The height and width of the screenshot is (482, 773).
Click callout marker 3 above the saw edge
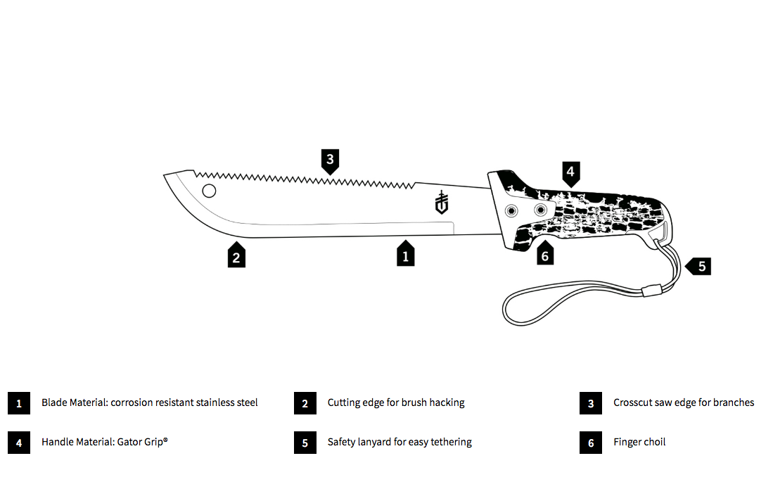coord(330,160)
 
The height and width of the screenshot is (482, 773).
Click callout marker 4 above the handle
coord(570,172)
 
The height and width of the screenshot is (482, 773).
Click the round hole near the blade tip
coord(209,190)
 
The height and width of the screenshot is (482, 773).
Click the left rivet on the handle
coord(513,210)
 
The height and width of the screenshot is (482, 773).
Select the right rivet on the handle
coord(540,210)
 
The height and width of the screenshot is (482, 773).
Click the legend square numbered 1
coord(19,403)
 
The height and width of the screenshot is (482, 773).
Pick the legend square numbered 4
coord(19,443)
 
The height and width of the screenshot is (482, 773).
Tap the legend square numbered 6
coord(591,443)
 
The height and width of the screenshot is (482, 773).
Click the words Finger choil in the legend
coord(639,442)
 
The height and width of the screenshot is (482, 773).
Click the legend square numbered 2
coord(305,403)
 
